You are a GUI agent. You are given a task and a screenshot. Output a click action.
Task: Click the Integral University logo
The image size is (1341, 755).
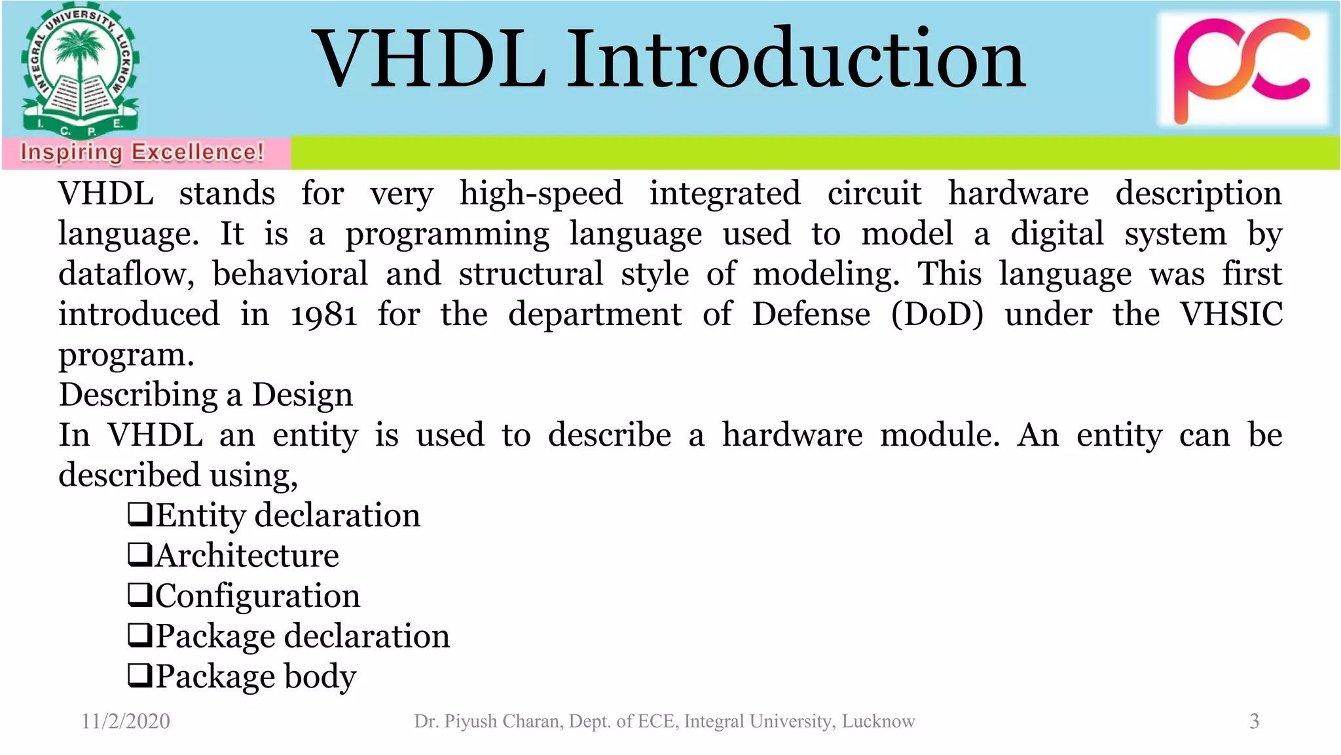[80, 71]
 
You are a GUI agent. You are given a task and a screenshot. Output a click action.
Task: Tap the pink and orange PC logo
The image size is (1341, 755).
[1242, 69]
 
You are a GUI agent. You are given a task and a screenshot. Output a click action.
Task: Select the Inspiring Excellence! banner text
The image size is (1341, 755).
[142, 153]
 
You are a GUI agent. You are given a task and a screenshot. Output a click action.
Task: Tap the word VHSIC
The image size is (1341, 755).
[1230, 315]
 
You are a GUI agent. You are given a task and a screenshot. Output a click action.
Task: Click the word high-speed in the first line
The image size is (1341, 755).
[541, 194]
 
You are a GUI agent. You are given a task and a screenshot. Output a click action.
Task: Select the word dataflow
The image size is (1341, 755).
[126, 275]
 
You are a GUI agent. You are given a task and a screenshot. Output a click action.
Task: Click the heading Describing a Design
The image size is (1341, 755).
[206, 395]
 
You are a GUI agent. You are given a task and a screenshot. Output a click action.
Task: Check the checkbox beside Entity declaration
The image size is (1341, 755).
[139, 514]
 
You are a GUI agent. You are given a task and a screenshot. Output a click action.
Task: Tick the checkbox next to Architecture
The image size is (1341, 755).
[139, 554]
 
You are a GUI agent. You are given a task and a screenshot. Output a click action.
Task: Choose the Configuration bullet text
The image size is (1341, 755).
[257, 596]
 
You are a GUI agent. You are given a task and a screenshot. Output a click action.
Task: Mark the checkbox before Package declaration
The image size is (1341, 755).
[139, 635]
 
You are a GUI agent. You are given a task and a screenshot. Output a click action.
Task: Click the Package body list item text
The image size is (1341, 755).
[255, 676]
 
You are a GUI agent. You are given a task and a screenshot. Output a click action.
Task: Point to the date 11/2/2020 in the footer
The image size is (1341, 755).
[126, 722]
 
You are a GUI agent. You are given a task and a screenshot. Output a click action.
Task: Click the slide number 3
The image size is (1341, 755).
[1254, 722]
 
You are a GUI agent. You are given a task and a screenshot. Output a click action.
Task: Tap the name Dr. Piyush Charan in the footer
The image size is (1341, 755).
[488, 722]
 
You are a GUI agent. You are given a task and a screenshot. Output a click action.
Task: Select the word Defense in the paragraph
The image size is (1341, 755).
[811, 315]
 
